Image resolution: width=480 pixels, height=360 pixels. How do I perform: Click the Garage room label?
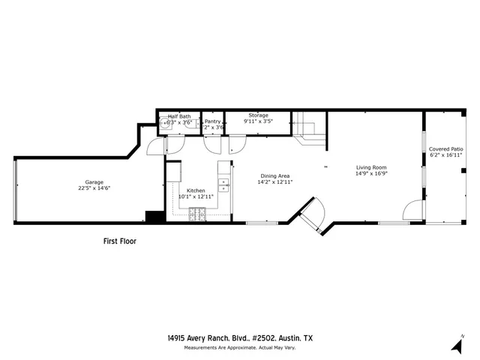tap(94, 182)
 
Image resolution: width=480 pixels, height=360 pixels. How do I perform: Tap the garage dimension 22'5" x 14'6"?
tap(94, 188)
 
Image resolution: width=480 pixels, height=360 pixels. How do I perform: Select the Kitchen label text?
tap(196, 190)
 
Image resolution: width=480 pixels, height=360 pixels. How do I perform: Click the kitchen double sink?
tap(223, 184)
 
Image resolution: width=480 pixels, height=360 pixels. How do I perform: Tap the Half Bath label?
tap(179, 116)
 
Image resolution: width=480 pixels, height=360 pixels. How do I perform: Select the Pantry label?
tap(213, 121)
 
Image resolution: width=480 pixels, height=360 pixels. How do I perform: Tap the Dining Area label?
tap(274, 175)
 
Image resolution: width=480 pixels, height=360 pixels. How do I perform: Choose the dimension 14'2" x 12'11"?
tap(274, 181)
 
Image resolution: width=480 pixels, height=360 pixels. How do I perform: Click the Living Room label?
tap(370, 166)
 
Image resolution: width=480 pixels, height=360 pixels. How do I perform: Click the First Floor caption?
tap(119, 241)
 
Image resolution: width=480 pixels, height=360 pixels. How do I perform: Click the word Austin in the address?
tap(284, 338)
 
